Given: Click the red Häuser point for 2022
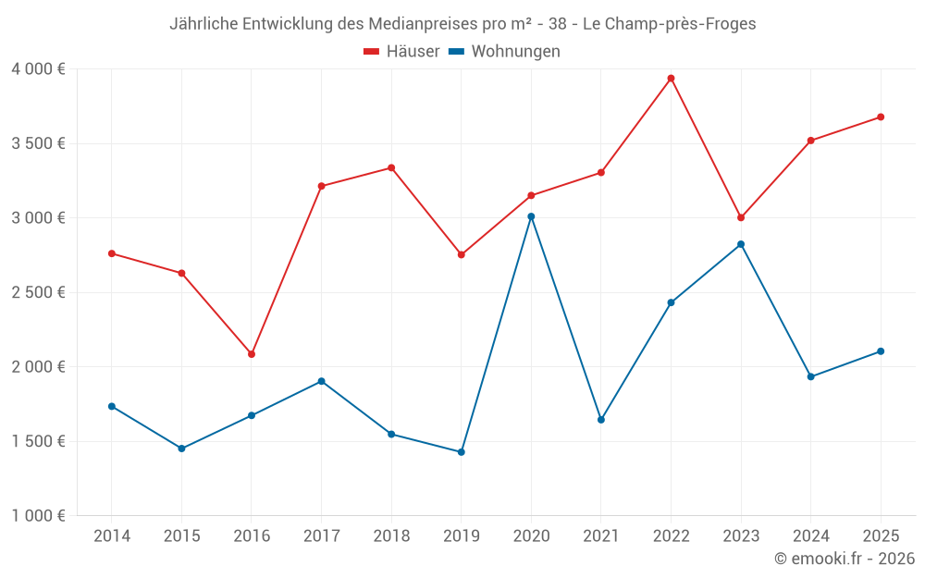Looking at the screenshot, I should coord(671,79).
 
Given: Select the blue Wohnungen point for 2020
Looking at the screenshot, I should coord(531,216).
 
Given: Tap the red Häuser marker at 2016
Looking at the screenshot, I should coord(252,354).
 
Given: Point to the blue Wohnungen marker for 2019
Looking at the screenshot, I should coord(461,452).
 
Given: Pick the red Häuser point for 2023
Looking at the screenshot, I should coord(741,217).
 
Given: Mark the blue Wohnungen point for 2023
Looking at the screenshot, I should coord(741,244).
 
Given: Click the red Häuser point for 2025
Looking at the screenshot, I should coord(881,117).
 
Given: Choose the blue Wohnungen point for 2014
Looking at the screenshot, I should coord(112,406).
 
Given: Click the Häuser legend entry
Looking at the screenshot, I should coord(401,52).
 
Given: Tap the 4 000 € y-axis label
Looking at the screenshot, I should coord(38,69).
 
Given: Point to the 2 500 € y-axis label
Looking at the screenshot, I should coord(38,292).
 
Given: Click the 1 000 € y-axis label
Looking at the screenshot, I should coord(38,516).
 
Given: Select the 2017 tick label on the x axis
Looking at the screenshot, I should coord(321,536).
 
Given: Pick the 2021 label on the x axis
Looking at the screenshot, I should coord(601,536).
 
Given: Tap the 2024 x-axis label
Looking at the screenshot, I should coord(811,536).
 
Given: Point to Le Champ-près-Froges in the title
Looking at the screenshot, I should coord(669,24).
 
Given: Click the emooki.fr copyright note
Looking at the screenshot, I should coord(845,559).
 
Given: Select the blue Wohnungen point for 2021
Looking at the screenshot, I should coord(601,420).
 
